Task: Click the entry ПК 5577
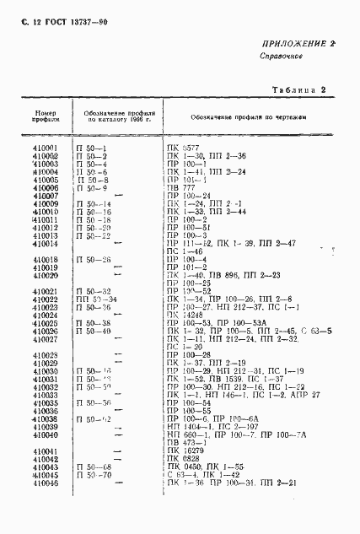coord(181,148)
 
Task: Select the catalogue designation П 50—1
coord(93,148)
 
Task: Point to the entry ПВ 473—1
coord(185,442)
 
